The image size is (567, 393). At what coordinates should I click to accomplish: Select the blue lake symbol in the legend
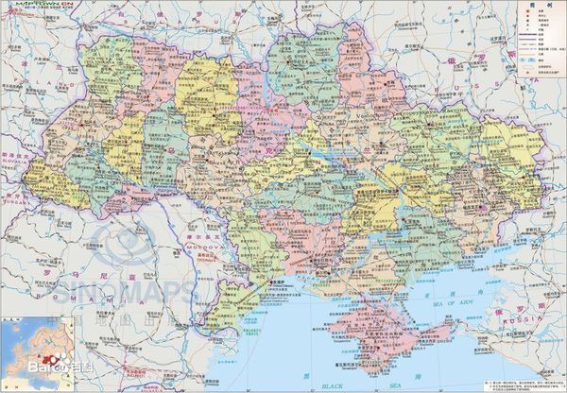[x=527, y=61]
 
